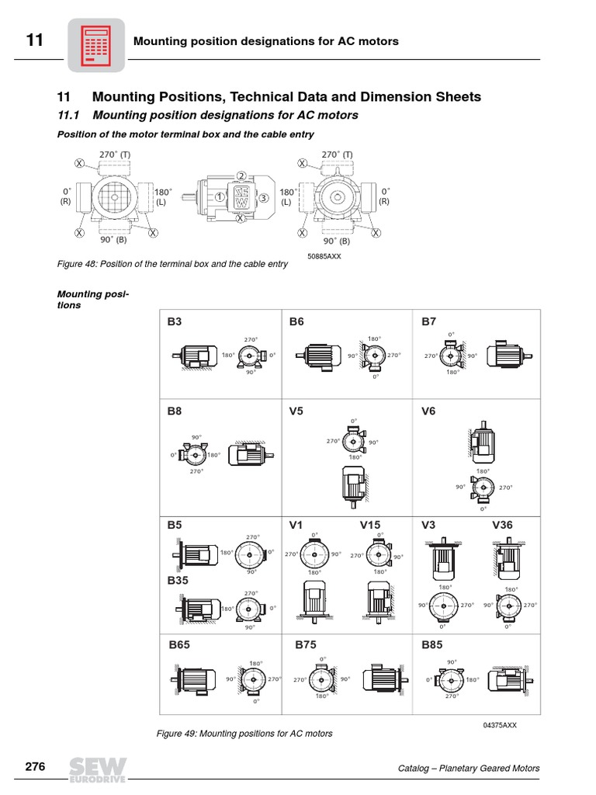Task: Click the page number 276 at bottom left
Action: pyautogui.click(x=35, y=767)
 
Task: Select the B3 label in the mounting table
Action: pyautogui.click(x=175, y=321)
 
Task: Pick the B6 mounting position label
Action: pyautogui.click(x=296, y=321)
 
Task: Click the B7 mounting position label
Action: pyautogui.click(x=429, y=321)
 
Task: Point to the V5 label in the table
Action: pyautogui.click(x=296, y=411)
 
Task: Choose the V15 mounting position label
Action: pyautogui.click(x=370, y=525)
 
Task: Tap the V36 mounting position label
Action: pyautogui.click(x=503, y=525)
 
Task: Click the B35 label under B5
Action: pyautogui.click(x=178, y=580)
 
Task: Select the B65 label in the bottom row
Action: pyautogui.click(x=179, y=644)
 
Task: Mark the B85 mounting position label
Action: pyautogui.click(x=432, y=644)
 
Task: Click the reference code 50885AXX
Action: pyautogui.click(x=324, y=255)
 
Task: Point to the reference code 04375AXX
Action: pyautogui.click(x=499, y=724)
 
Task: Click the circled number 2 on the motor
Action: pyautogui.click(x=241, y=176)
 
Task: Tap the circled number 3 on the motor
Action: pyautogui.click(x=264, y=198)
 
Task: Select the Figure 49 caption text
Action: pyautogui.click(x=244, y=733)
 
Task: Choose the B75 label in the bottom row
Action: pyautogui.click(x=307, y=644)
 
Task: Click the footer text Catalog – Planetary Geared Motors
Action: pyautogui.click(x=468, y=769)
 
